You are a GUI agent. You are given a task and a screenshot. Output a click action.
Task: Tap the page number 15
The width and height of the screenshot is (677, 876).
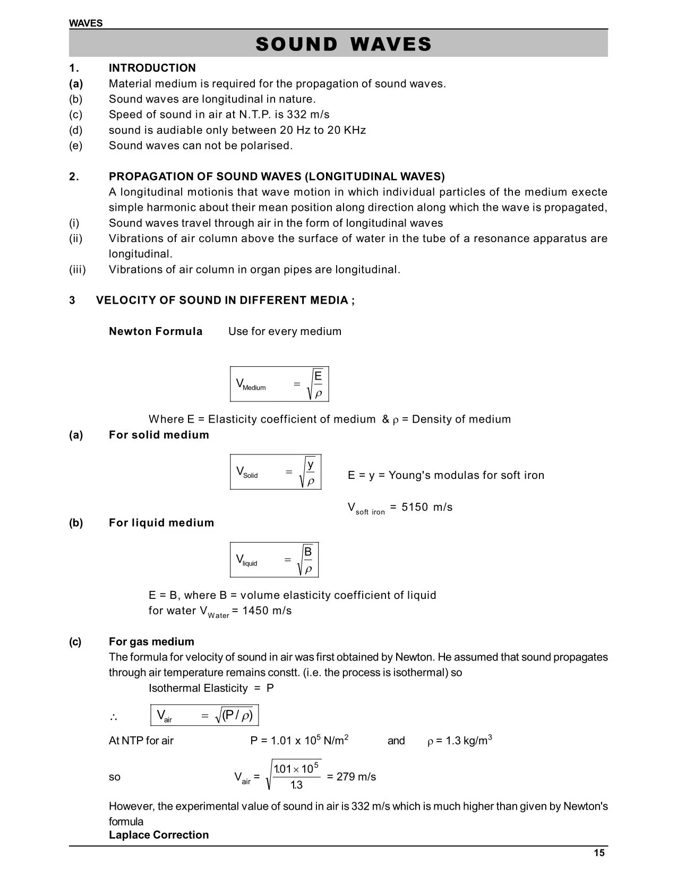click(599, 853)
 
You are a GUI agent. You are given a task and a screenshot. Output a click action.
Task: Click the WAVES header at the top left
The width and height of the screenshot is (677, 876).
click(85, 23)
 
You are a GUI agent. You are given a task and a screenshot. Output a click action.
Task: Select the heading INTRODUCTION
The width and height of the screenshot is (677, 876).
click(152, 68)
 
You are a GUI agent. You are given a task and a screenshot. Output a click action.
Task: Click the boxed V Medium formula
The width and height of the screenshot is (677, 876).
click(279, 384)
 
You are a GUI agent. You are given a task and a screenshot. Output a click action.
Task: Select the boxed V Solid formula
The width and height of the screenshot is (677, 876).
click(276, 471)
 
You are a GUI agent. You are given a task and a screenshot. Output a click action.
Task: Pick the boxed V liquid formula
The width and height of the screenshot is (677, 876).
click(274, 560)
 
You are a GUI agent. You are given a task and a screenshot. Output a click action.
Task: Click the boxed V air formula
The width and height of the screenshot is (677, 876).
click(204, 715)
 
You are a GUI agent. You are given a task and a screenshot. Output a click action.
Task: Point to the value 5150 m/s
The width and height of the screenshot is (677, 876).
click(427, 507)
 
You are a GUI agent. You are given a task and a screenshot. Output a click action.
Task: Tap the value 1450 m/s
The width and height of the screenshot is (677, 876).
click(267, 611)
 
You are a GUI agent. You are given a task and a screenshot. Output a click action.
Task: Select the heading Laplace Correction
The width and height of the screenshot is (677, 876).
click(159, 835)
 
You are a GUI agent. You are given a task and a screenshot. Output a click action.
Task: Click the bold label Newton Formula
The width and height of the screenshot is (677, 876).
click(156, 331)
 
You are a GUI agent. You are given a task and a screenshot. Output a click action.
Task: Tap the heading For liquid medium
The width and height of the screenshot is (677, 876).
click(161, 523)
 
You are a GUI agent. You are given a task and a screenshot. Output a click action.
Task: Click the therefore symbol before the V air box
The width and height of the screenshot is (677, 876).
click(113, 717)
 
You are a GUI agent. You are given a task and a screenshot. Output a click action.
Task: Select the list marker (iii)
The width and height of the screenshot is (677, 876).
click(78, 270)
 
